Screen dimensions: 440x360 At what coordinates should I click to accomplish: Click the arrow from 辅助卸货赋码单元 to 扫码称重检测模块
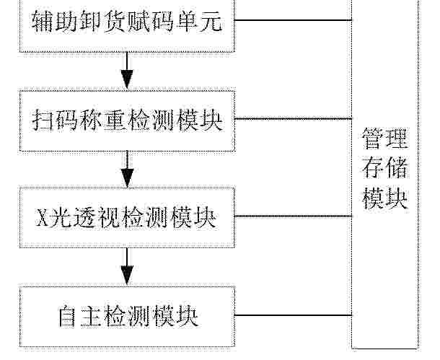(x=127, y=71)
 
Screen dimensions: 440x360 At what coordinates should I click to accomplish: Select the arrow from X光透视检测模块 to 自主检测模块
(x=127, y=266)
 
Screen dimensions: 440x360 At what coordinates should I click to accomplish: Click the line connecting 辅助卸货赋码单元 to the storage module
(x=294, y=20)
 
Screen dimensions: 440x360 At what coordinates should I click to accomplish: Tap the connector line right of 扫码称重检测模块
(x=294, y=119)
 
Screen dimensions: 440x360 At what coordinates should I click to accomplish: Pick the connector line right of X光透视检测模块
(x=294, y=216)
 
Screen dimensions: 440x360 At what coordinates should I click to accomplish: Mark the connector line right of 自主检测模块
(x=294, y=315)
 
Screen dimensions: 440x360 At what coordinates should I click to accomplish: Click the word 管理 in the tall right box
(x=384, y=139)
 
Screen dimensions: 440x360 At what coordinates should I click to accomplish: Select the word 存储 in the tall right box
(x=384, y=168)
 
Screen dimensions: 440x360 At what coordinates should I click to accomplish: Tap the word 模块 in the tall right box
(x=384, y=198)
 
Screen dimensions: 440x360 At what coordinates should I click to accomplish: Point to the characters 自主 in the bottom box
(x=79, y=317)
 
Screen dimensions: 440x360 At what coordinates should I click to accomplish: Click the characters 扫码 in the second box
(x=54, y=121)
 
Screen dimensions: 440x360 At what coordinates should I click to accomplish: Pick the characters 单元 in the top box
(x=200, y=21)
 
